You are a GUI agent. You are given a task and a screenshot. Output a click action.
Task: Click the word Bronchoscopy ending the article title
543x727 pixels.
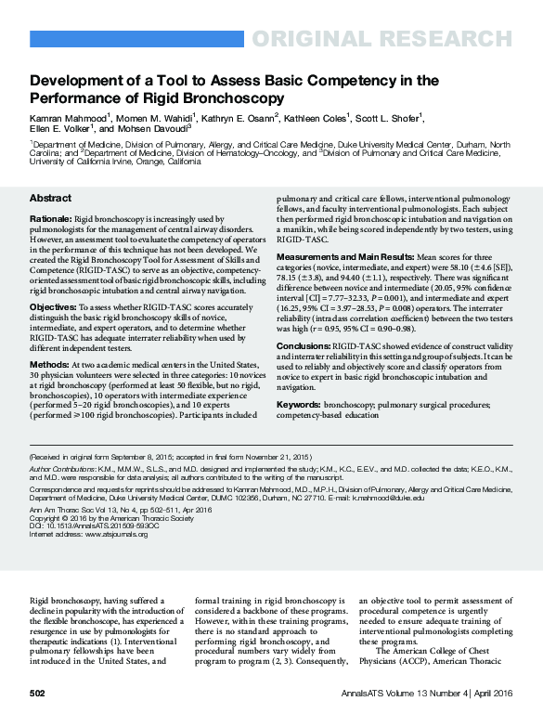point(238,97)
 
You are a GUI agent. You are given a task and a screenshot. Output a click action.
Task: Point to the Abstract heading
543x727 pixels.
point(50,199)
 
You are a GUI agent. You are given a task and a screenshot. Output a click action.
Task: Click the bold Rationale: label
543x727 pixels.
point(50,218)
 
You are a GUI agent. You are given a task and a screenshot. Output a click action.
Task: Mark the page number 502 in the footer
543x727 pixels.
point(37,694)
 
